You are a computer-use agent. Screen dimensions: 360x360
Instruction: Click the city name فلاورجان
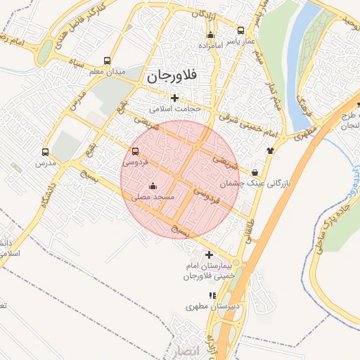(x=169, y=76)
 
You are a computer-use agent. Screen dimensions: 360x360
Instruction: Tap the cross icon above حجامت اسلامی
(x=174, y=98)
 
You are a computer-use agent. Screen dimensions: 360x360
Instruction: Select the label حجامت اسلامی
(x=175, y=110)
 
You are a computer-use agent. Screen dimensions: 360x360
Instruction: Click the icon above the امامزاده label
(x=210, y=35)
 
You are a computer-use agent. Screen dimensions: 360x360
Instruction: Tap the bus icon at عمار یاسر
(x=241, y=31)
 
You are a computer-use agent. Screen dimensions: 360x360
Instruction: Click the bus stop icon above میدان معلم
(x=107, y=60)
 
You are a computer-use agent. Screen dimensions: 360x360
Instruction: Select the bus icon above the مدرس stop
(x=46, y=152)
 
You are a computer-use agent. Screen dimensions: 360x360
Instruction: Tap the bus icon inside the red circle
(x=135, y=151)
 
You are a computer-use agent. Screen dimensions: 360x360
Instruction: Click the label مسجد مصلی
(x=153, y=199)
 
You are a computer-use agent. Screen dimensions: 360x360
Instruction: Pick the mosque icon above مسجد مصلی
(x=153, y=186)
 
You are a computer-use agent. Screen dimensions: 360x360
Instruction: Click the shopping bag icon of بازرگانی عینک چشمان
(x=254, y=172)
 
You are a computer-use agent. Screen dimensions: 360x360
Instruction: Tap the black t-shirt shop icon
(x=269, y=150)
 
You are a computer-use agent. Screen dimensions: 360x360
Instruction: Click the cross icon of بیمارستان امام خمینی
(x=209, y=254)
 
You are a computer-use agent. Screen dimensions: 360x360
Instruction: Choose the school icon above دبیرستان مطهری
(x=212, y=295)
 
